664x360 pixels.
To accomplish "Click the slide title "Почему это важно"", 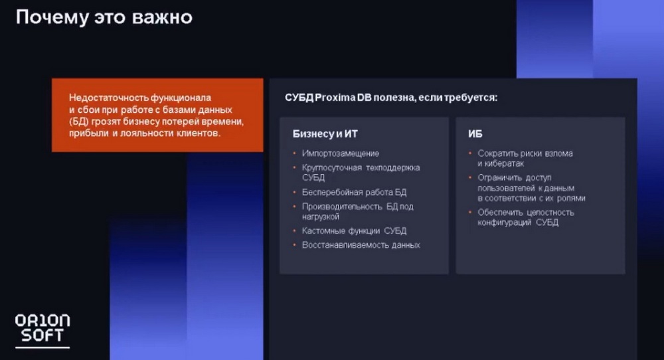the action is tap(104, 18).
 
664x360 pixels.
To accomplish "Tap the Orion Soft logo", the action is tap(42, 331).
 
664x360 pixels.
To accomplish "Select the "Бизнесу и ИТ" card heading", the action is tap(325, 134).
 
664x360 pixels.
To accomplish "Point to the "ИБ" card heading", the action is tap(475, 134).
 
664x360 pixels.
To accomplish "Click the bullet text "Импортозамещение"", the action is tap(341, 153).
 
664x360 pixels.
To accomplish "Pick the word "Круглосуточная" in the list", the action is tap(331, 168).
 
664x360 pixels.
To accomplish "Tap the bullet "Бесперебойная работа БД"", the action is tap(354, 192).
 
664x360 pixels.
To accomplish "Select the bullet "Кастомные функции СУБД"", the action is tap(354, 231).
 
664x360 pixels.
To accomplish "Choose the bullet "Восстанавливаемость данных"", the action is tap(361, 245).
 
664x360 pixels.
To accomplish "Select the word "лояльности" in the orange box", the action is tap(140, 134).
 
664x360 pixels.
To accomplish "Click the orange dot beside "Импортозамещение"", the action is tap(295, 153).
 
